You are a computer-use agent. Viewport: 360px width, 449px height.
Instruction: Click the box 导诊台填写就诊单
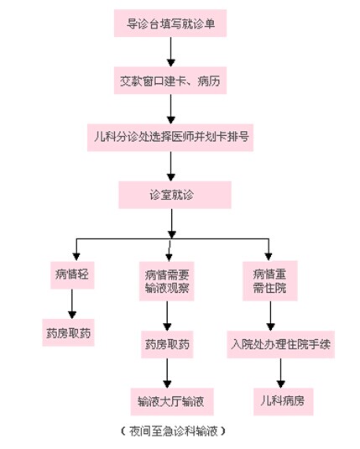click(170, 23)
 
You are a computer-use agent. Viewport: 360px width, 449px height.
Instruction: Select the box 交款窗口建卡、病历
click(170, 81)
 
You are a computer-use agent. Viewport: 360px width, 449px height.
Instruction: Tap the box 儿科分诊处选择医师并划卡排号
click(170, 138)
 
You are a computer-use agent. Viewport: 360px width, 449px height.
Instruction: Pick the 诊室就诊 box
click(175, 195)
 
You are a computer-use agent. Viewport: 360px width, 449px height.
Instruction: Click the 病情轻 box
click(72, 275)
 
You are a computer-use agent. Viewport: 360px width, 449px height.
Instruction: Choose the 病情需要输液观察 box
click(167, 281)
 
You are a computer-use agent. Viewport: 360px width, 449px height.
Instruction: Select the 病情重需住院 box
click(269, 280)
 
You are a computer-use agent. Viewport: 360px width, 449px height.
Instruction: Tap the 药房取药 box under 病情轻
click(69, 332)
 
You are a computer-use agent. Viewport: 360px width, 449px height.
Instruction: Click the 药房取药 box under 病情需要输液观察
click(167, 344)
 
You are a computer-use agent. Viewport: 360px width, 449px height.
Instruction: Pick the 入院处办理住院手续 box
click(280, 344)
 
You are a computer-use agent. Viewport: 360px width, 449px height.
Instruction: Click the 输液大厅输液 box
click(172, 401)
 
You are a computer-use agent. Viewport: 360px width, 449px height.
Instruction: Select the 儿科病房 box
click(284, 401)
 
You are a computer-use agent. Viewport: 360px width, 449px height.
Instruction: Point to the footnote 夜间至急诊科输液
click(173, 431)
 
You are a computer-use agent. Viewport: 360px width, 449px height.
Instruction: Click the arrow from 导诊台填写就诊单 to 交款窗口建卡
click(171, 52)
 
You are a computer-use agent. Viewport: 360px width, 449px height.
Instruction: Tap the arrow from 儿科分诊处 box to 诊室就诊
click(171, 166)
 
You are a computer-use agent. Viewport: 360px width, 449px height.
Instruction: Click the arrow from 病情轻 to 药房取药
click(72, 304)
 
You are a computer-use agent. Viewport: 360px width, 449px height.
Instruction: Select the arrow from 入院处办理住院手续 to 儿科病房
click(280, 373)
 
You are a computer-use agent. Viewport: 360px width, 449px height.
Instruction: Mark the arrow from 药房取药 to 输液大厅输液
click(167, 373)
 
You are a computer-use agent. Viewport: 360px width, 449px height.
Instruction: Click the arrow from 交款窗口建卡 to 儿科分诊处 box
click(171, 109)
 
